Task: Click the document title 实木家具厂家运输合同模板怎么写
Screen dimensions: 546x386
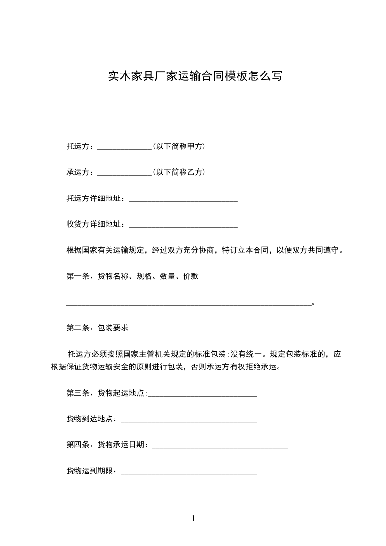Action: (194, 76)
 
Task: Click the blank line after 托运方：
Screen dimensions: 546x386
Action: (125, 147)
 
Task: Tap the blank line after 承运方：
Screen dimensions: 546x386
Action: (125, 173)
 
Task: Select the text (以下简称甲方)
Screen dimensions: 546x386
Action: (179, 146)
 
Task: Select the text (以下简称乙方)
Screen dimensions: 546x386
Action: (179, 172)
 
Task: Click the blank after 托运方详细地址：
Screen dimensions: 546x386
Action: (183, 200)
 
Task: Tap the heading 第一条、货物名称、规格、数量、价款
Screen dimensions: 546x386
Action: (132, 277)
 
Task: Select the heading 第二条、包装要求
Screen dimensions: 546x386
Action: (97, 328)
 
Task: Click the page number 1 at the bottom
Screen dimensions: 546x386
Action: (193, 519)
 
